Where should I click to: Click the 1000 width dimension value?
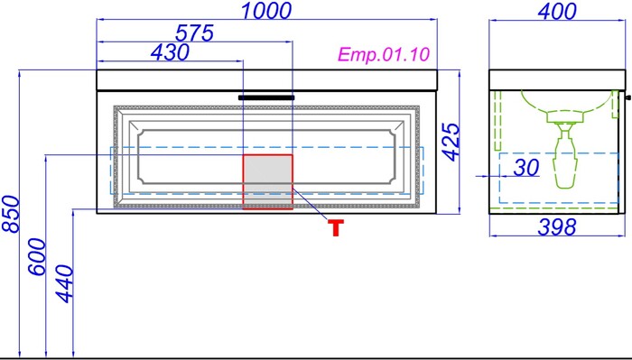coord(266,11)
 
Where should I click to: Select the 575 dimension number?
coord(194,33)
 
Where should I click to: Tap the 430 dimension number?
coord(170,52)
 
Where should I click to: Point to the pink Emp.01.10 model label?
coord(384,54)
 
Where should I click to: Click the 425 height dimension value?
coord(451,142)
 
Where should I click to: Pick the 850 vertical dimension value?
coord(11,214)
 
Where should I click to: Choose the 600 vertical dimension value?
coord(37,257)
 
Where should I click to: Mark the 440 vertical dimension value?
coord(64,284)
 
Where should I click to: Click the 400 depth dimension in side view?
coord(557,11)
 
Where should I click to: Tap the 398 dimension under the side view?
coord(557,227)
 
